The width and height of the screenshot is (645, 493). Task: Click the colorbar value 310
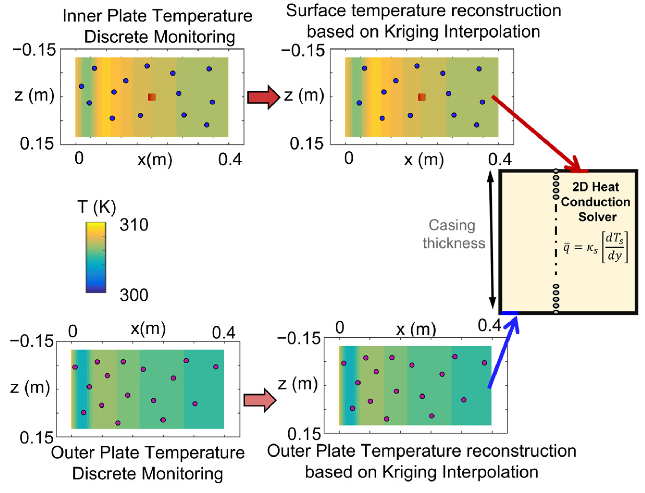click(x=134, y=225)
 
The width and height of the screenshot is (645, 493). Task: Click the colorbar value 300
click(x=134, y=295)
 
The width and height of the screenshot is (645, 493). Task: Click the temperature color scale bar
click(x=96, y=257)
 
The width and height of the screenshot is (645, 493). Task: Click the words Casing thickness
click(x=453, y=235)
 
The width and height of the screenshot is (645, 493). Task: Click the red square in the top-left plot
click(x=152, y=97)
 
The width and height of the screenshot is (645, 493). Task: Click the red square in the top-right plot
click(x=421, y=97)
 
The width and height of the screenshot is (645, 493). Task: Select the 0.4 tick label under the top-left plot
click(x=230, y=159)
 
